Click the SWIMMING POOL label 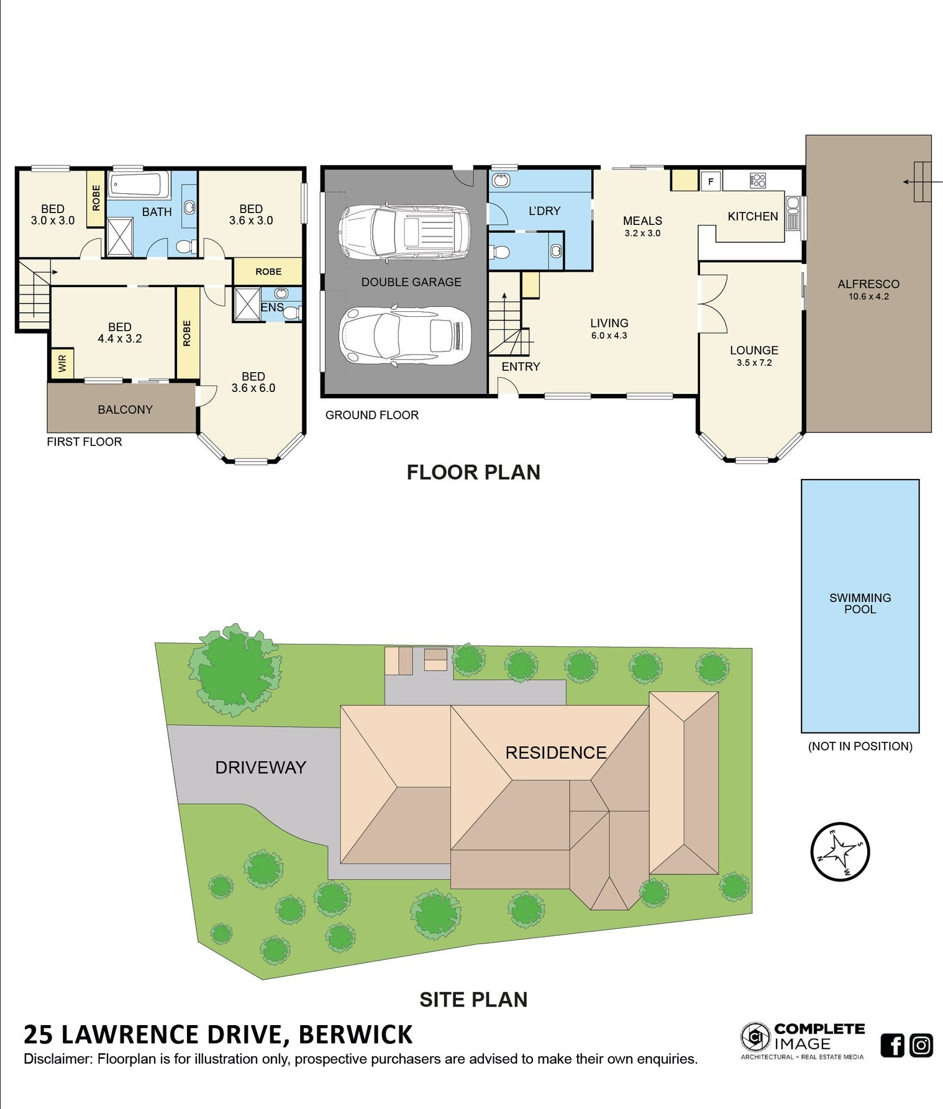pos(860,603)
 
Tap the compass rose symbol pos(840,851)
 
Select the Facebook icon pos(892,1045)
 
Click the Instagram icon pos(921,1045)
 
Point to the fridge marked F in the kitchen pos(711,181)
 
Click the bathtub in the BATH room pos(139,185)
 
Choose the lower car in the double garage pos(404,335)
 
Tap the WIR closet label pos(62,363)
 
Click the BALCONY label pos(125,409)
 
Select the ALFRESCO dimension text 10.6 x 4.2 pos(868,296)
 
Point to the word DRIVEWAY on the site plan pos(261,767)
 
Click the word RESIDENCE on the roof pos(556,752)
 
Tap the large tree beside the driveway pos(235,670)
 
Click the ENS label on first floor pos(272,307)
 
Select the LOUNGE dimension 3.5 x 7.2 pos(754,363)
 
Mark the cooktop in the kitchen pos(758,181)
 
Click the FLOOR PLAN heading pos(473,472)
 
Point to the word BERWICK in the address pos(355,1034)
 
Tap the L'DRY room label pos(544,211)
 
